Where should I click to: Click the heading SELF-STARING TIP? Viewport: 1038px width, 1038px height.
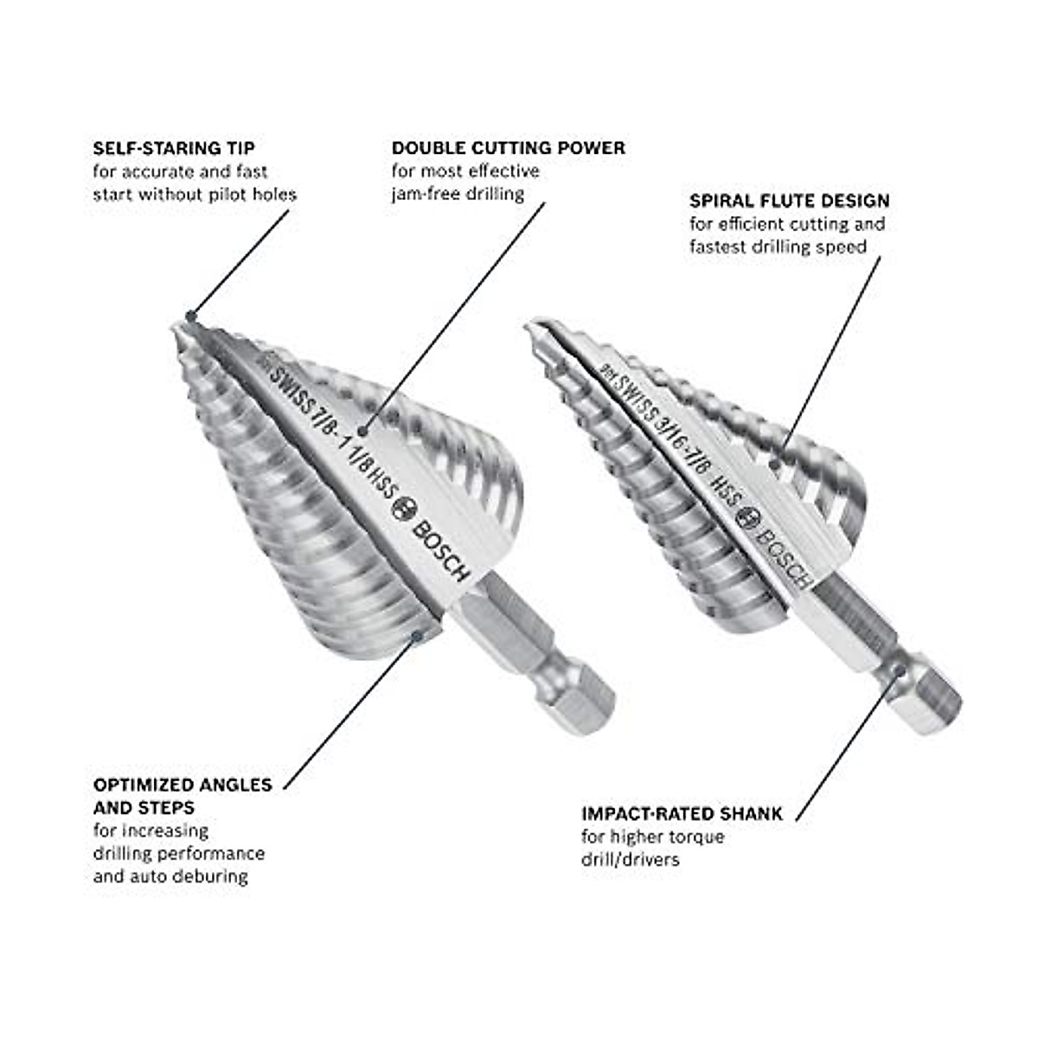[174, 148]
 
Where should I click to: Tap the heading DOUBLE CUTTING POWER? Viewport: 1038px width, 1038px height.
[508, 148]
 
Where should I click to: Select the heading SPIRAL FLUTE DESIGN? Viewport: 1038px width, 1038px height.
[789, 201]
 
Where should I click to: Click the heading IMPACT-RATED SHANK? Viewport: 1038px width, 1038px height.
[682, 814]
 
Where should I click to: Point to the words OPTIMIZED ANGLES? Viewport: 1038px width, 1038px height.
[183, 785]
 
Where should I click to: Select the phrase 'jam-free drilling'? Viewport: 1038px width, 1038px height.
[458, 194]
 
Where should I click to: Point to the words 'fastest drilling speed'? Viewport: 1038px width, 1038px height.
[778, 247]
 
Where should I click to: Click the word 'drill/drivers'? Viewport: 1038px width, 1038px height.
[630, 860]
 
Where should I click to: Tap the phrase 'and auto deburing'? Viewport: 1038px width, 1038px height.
[170, 876]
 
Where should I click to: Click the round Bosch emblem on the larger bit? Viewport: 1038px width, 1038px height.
[403, 509]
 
